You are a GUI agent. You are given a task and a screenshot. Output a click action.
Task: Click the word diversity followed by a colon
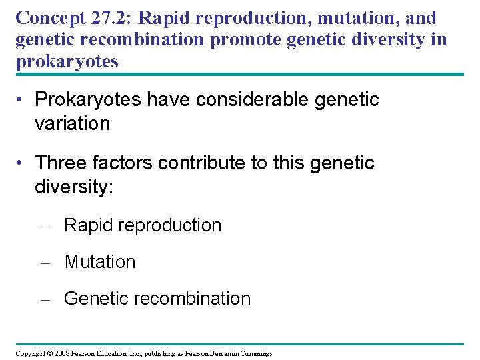[x=74, y=186]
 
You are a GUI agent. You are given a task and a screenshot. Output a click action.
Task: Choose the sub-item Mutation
[x=100, y=262]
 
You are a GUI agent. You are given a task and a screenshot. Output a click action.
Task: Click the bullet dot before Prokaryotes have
[x=21, y=101]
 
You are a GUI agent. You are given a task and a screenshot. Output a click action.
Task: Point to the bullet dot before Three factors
[x=21, y=163]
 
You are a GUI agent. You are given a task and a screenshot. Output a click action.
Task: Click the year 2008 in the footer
[x=62, y=353]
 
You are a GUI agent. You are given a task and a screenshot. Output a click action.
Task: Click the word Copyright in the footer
[x=30, y=353]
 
